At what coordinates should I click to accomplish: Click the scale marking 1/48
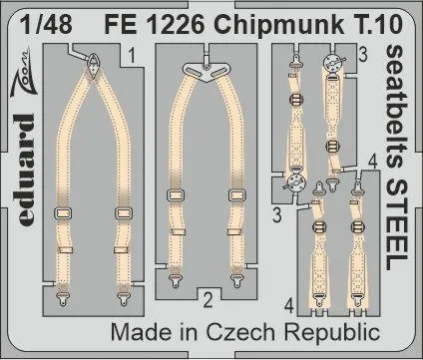pyautogui.click(x=46, y=24)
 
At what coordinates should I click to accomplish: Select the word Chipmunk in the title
pyautogui.click(x=278, y=25)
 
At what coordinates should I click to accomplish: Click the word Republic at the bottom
pyautogui.click(x=332, y=332)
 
